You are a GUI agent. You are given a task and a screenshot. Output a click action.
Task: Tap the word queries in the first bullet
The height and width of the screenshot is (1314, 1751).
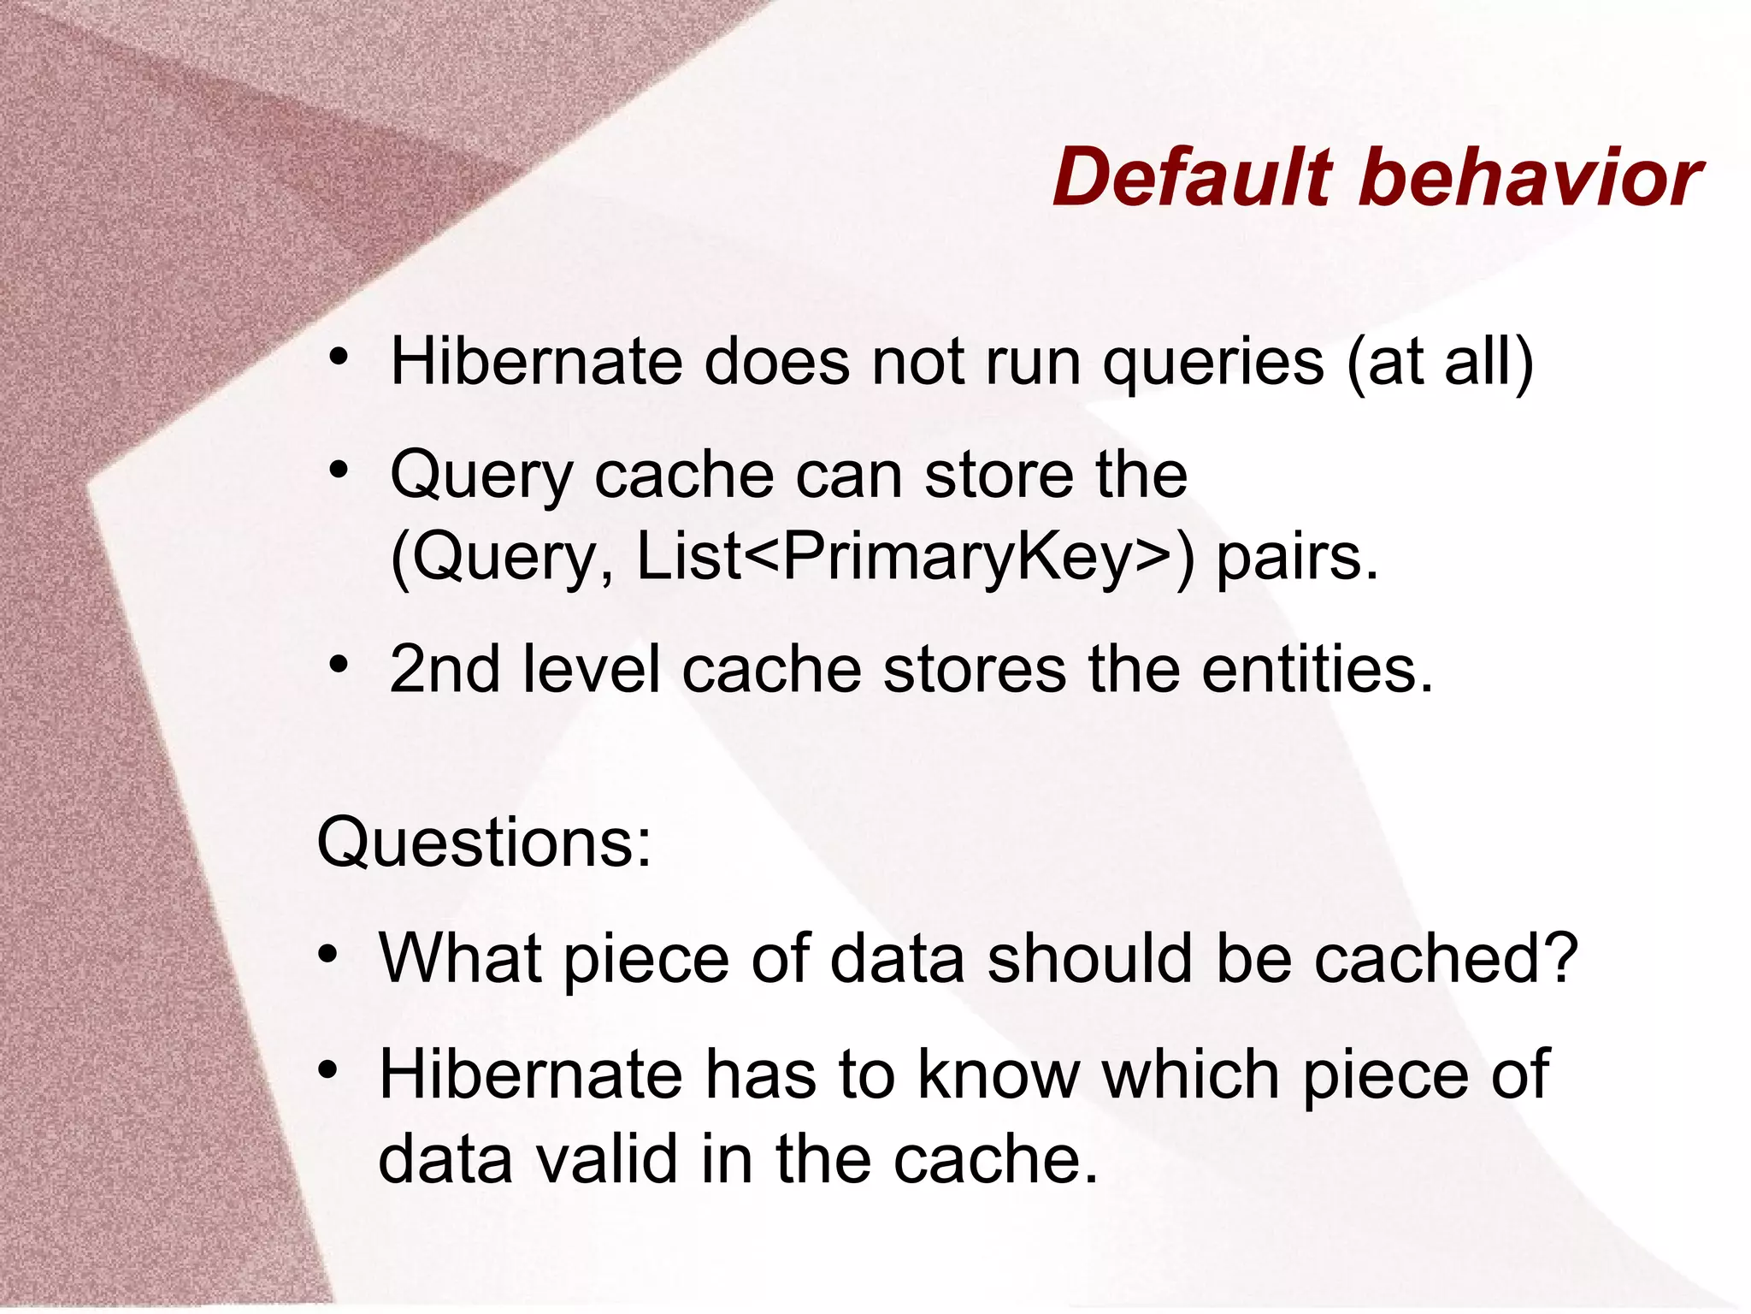[1213, 363]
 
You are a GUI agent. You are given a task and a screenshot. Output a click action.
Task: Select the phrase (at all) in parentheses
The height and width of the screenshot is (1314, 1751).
[1440, 363]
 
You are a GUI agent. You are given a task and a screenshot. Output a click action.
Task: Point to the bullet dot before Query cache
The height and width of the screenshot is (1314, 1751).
[339, 470]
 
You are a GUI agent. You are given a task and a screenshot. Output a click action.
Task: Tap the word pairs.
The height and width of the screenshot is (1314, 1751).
[1297, 558]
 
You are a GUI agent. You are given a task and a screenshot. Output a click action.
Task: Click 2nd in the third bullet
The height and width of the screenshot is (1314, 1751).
[444, 669]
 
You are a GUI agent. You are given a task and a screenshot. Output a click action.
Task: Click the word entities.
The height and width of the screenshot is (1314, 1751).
[1317, 669]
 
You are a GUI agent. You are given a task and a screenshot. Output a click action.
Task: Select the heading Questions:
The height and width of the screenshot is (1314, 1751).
[484, 843]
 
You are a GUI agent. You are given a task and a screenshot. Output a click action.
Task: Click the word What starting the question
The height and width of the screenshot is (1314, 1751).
[461, 957]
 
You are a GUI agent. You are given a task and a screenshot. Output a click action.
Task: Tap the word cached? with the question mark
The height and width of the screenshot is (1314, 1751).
[1445, 957]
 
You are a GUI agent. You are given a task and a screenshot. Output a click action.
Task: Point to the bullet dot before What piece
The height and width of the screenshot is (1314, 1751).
[327, 953]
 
